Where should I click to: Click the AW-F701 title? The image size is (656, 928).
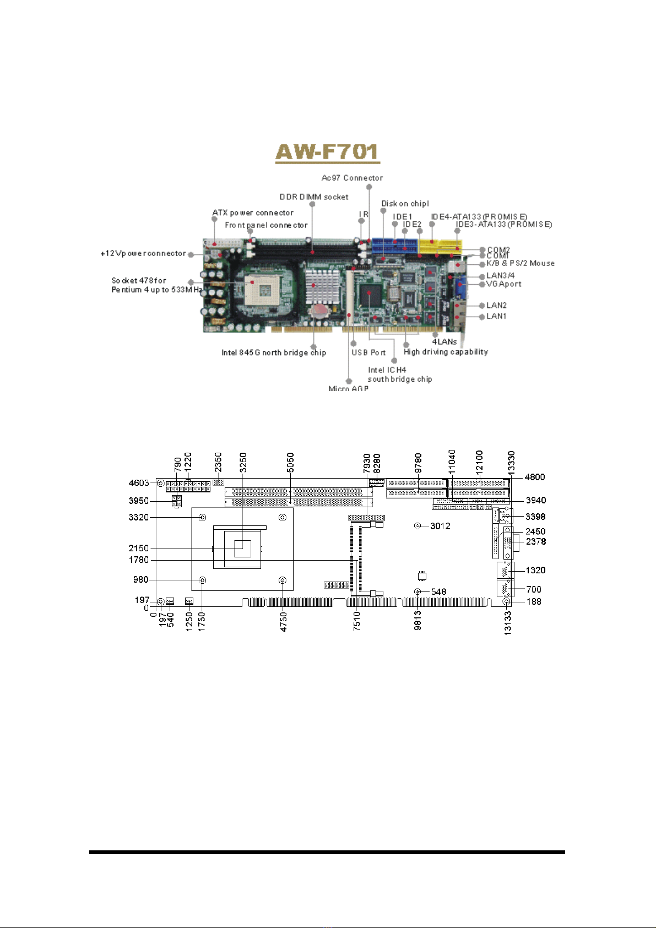[327, 152]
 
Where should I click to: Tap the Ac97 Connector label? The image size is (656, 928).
[353, 178]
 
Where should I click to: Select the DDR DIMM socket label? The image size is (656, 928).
[314, 197]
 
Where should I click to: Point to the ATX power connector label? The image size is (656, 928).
[253, 213]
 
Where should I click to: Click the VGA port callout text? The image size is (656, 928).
[504, 284]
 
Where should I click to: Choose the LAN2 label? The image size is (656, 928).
[496, 305]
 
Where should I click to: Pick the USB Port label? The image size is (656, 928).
[368, 352]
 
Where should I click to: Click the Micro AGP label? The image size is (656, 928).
[348, 389]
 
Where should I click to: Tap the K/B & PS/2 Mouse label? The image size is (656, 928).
[521, 263]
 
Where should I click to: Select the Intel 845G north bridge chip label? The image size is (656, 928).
[274, 352]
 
